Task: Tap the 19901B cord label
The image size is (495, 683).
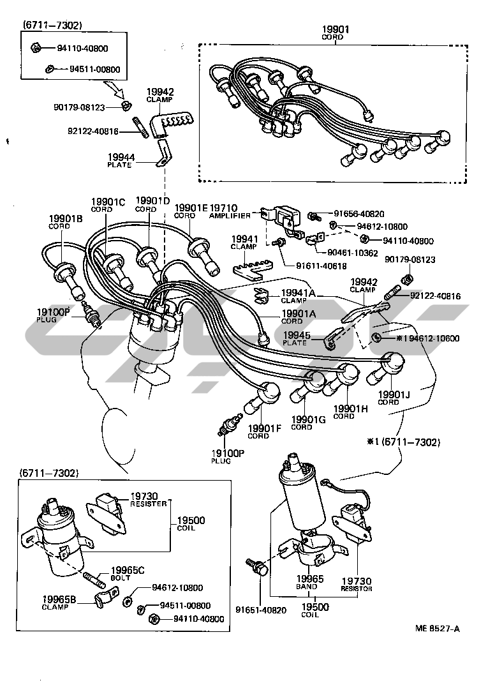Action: point(66,221)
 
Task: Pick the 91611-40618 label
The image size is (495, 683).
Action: point(321,266)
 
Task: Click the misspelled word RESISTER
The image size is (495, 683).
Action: point(149,504)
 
